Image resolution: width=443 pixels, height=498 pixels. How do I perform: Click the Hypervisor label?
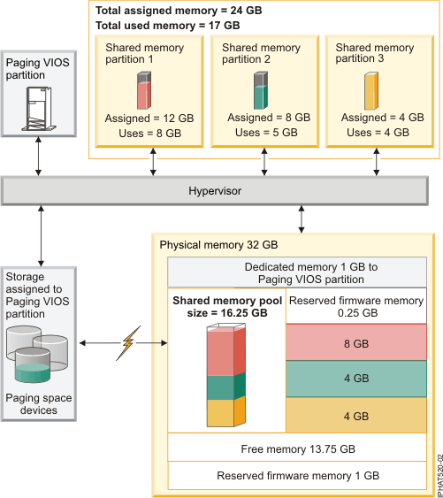(x=214, y=190)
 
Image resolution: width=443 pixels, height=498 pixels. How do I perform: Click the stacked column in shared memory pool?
(x=226, y=376)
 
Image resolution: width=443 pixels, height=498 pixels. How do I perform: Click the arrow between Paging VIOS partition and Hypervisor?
(x=37, y=156)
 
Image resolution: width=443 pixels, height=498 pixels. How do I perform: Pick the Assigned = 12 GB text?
(x=143, y=119)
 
